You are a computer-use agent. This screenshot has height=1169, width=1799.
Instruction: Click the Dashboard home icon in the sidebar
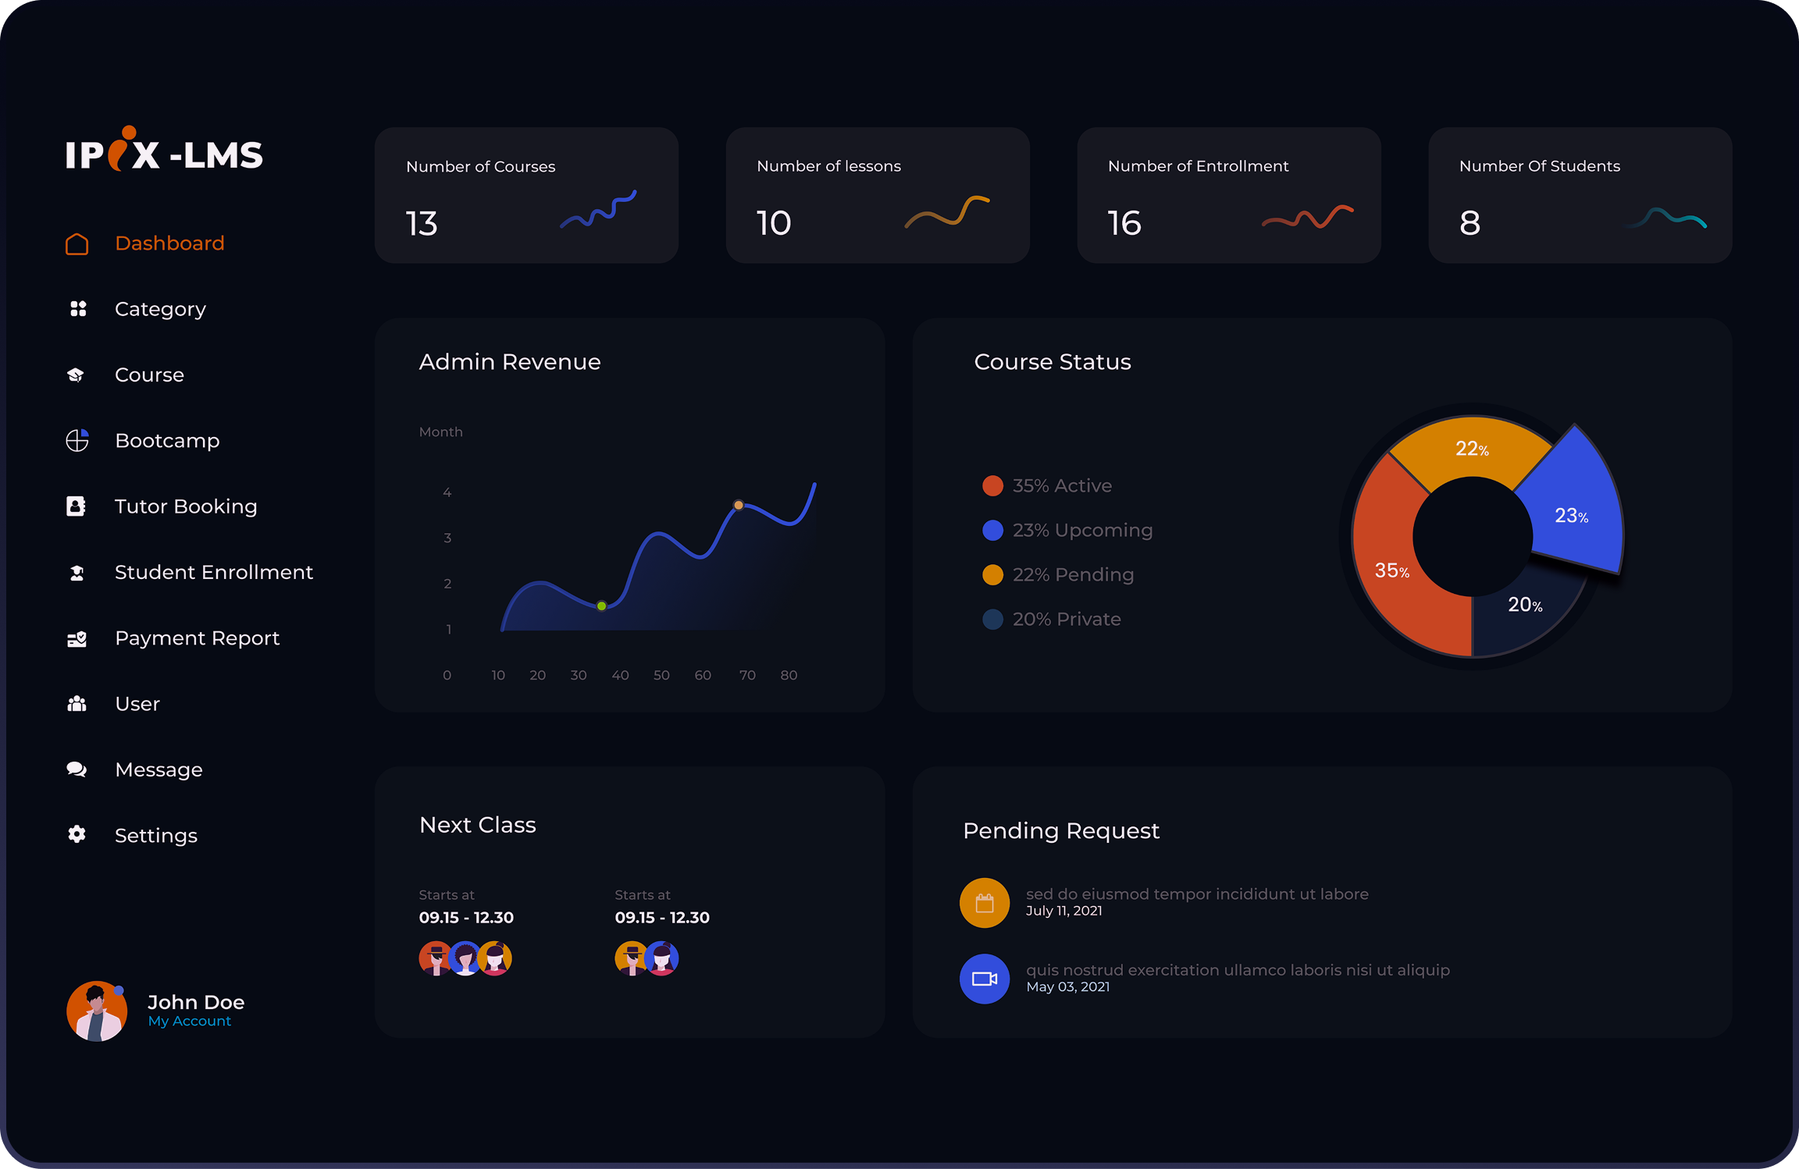tap(77, 244)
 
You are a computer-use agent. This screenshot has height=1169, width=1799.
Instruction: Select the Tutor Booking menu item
tap(185, 506)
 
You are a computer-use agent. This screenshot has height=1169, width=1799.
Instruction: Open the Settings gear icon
tap(77, 835)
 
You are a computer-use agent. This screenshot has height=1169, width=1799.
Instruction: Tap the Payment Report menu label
tap(197, 638)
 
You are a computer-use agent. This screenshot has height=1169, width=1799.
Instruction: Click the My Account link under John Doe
tap(190, 1022)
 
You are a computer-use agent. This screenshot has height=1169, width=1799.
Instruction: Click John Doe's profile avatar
tap(97, 1011)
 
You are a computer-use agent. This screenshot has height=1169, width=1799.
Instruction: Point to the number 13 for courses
tap(422, 224)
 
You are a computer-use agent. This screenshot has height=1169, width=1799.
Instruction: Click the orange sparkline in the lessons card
tap(947, 212)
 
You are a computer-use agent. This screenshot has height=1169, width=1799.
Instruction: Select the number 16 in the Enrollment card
tap(1124, 224)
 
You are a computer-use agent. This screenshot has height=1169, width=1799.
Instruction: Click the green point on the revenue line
tap(601, 606)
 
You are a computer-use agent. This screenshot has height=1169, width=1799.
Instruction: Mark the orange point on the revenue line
tap(739, 506)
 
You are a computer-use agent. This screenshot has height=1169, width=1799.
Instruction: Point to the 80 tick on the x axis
tap(789, 676)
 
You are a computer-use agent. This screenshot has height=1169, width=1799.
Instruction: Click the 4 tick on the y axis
tap(447, 493)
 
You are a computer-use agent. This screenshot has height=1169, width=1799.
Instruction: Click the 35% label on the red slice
tap(1392, 571)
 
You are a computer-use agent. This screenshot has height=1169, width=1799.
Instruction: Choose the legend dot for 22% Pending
tap(992, 575)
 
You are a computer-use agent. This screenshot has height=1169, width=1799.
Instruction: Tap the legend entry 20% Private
tap(1066, 620)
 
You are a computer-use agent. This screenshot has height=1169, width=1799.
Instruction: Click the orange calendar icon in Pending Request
tap(985, 903)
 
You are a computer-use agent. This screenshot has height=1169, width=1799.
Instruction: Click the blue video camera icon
tap(985, 979)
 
